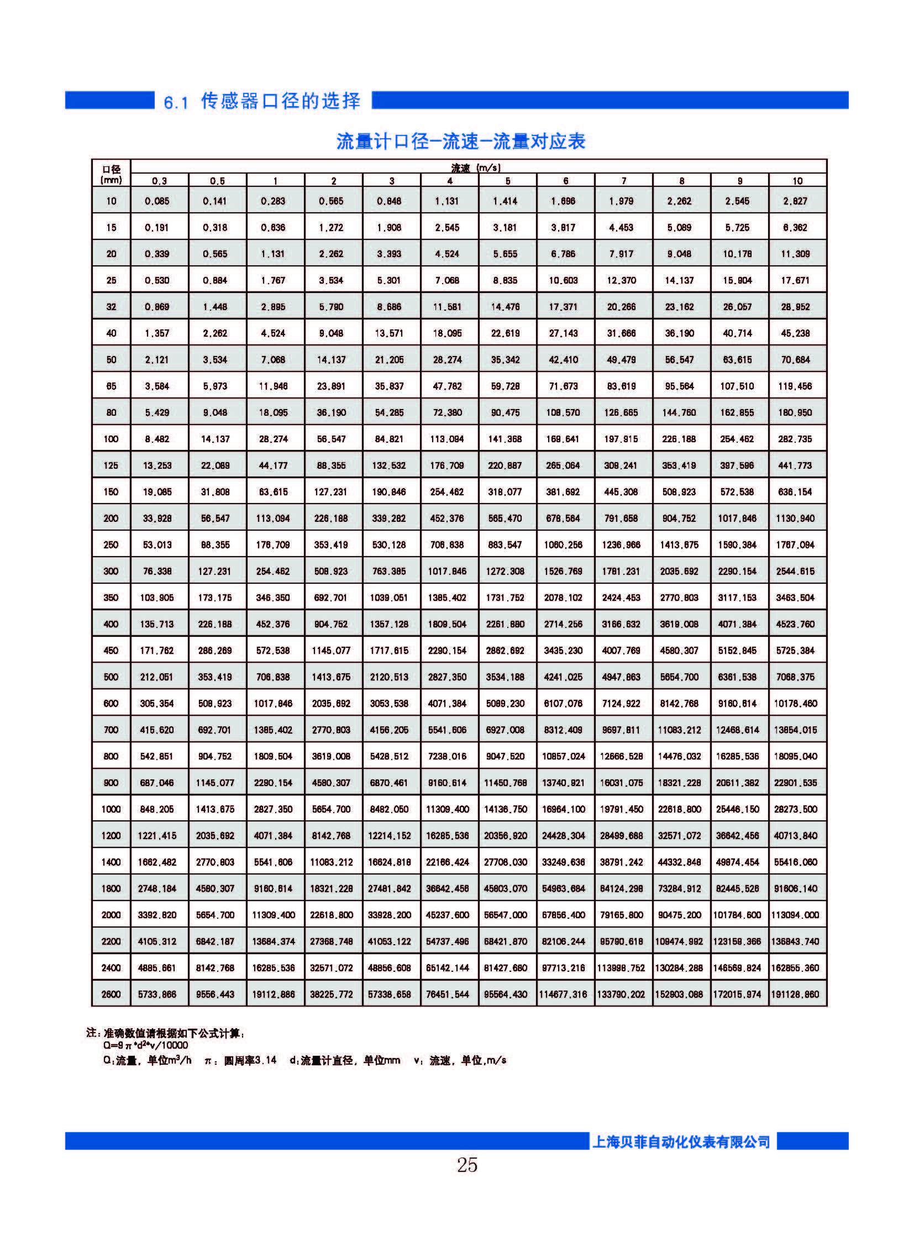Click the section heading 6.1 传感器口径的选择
[262, 101]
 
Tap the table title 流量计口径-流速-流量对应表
[460, 142]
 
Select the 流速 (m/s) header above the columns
[476, 167]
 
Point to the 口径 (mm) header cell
[111, 174]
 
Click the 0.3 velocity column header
[159, 181]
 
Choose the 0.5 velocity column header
[217, 181]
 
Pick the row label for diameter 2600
[111, 994]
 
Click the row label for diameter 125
[111, 465]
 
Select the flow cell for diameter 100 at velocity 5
[505, 439]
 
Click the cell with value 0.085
[157, 201]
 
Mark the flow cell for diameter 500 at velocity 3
[389, 677]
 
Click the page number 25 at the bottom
[467, 1165]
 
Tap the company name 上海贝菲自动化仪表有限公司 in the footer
[681, 1142]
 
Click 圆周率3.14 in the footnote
[250, 1061]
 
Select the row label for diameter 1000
[111, 809]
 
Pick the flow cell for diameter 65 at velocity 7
[621, 386]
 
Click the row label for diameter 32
[111, 307]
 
